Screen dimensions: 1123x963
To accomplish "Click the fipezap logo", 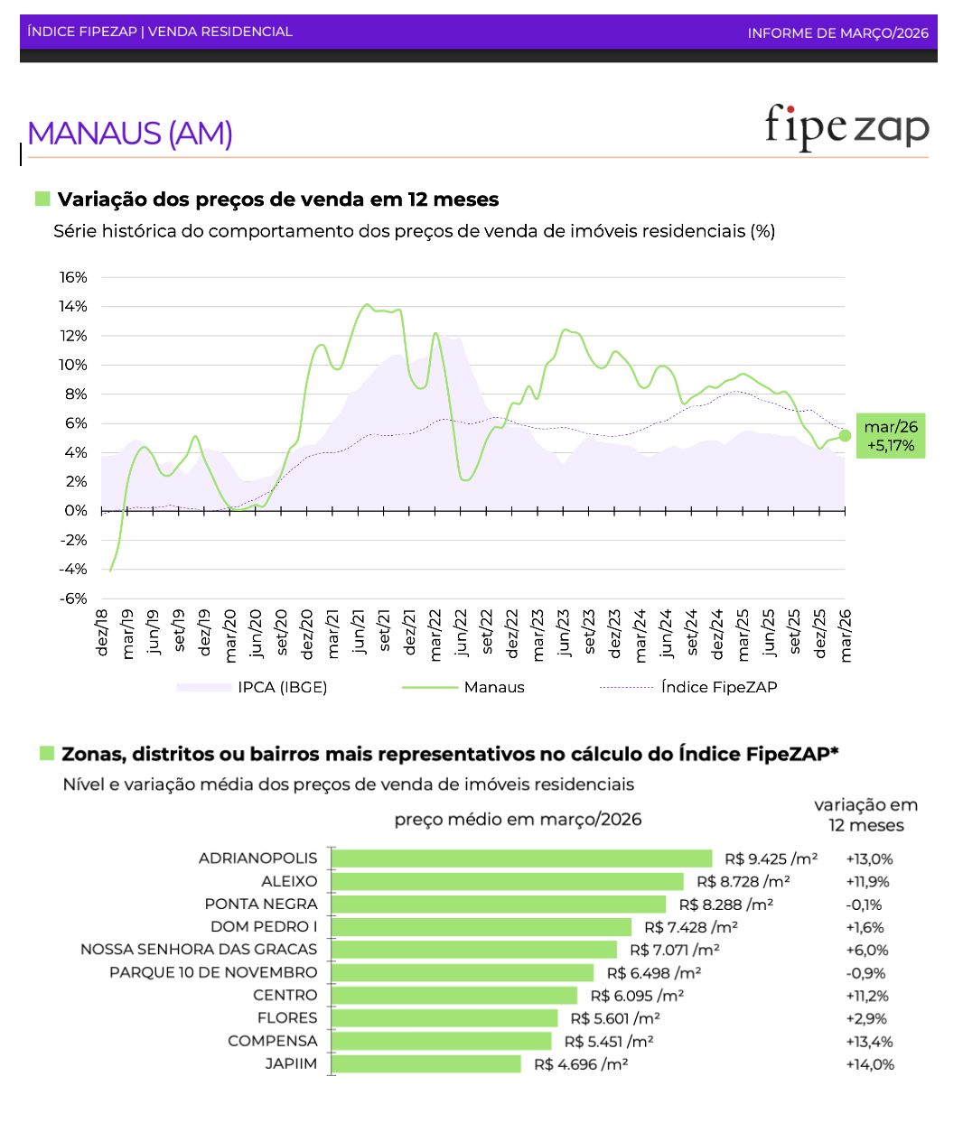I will tap(846, 127).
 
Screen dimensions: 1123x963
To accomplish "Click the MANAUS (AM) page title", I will tap(130, 134).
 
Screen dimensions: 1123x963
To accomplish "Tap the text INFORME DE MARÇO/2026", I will tap(837, 32).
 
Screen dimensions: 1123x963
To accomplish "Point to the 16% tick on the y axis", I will tap(74, 277).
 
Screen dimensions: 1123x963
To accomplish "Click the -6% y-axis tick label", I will tap(74, 599).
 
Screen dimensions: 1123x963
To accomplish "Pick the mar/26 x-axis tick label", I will tap(846, 635).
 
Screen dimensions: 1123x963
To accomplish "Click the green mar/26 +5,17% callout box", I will tap(890, 436).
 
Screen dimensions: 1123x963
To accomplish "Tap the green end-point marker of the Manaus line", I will tap(845, 435).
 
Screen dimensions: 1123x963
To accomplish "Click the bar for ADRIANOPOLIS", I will tap(522, 858).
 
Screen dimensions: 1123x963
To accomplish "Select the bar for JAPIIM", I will tap(426, 1064).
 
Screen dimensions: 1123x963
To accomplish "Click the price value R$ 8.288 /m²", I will tap(725, 905).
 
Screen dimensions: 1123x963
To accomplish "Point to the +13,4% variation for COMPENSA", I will tap(869, 1042).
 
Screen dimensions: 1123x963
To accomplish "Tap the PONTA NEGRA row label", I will tap(261, 904).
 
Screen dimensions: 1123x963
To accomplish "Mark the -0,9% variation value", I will tap(865, 973).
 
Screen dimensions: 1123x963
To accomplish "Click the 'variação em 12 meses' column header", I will tap(865, 815).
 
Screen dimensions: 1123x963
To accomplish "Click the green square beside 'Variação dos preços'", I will tap(42, 199).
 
